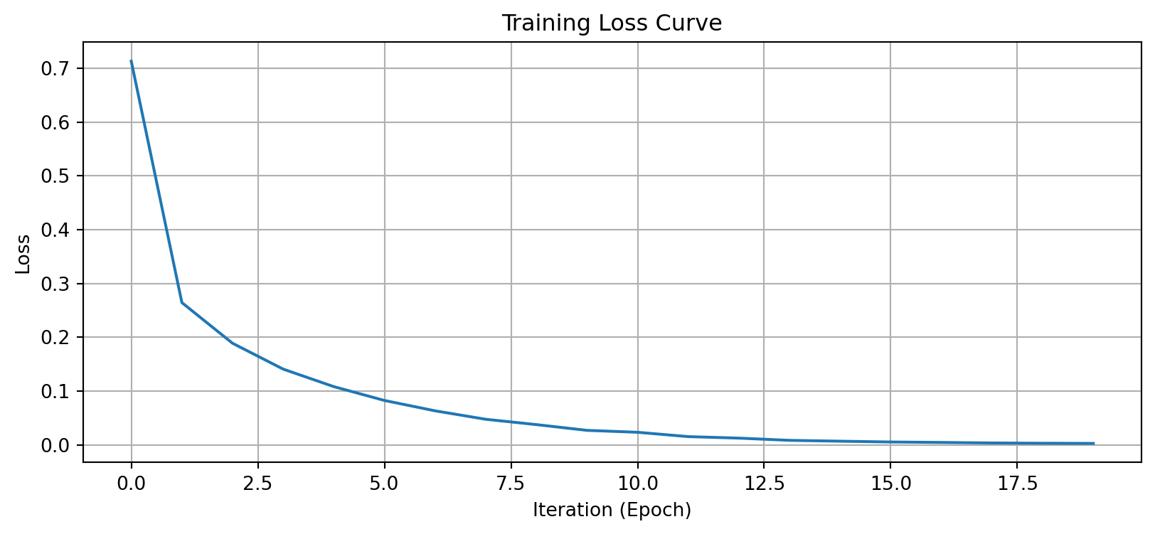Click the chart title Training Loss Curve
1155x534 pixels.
pyautogui.click(x=612, y=23)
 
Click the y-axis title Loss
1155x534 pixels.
pyautogui.click(x=23, y=254)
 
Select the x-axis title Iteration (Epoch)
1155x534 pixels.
pyautogui.click(x=612, y=510)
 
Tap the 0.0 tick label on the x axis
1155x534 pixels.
pyautogui.click(x=131, y=484)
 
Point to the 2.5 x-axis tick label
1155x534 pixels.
pyautogui.click(x=257, y=484)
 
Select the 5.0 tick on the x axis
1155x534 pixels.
pyautogui.click(x=384, y=484)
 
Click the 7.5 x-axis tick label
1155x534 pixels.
pyautogui.click(x=511, y=484)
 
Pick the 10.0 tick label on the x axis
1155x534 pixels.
pyautogui.click(x=637, y=484)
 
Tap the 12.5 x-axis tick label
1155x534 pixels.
pyautogui.click(x=764, y=484)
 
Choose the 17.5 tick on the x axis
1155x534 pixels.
pyautogui.click(x=1017, y=484)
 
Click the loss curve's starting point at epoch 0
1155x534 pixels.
pyautogui.click(x=132, y=61)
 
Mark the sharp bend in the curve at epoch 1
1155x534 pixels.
pyautogui.click(x=182, y=303)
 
